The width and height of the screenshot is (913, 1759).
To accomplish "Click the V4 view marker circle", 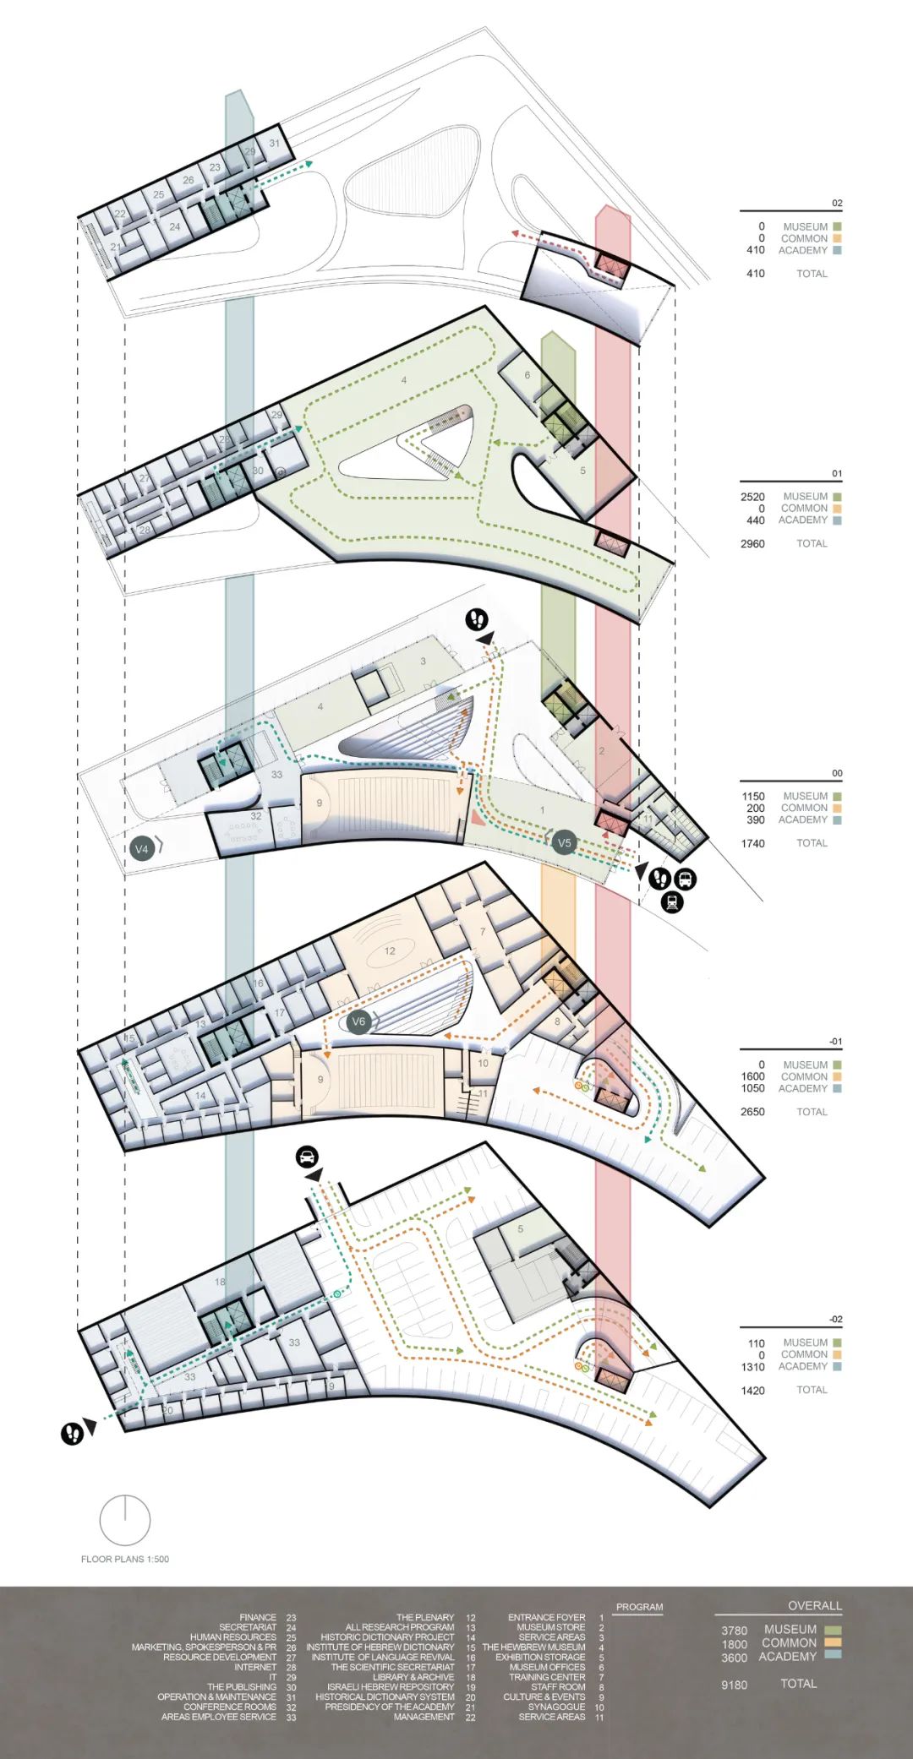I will (x=142, y=848).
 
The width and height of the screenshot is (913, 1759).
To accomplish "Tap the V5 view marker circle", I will (x=564, y=842).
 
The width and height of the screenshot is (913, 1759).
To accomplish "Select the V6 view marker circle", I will (x=358, y=1021).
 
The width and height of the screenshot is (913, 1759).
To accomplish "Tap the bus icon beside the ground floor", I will (x=685, y=879).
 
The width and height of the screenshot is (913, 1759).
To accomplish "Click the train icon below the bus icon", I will (x=672, y=901).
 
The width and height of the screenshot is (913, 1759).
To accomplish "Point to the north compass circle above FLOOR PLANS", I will (x=124, y=1520).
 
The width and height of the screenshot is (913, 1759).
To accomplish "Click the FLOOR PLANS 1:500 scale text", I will (x=125, y=1559).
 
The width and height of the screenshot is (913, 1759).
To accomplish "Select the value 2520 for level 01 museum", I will (x=752, y=497).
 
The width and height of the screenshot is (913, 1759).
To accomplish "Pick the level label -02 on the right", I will (x=835, y=1319).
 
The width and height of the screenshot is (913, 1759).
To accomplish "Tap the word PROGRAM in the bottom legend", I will (x=639, y=1607).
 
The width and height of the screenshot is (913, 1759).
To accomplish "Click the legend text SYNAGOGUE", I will (x=556, y=1707).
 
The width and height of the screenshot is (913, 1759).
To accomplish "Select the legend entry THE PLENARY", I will (x=425, y=1617).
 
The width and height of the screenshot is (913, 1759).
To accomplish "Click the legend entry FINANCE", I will (x=258, y=1617).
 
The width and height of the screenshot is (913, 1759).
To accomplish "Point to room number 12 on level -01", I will (x=390, y=950).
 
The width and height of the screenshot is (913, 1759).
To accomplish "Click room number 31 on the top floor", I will (x=275, y=144).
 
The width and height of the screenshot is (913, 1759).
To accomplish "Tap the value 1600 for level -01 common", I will (x=752, y=1076).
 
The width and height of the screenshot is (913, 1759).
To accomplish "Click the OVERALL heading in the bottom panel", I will (x=814, y=1605).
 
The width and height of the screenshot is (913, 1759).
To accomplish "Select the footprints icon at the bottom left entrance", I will (x=72, y=1433).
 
